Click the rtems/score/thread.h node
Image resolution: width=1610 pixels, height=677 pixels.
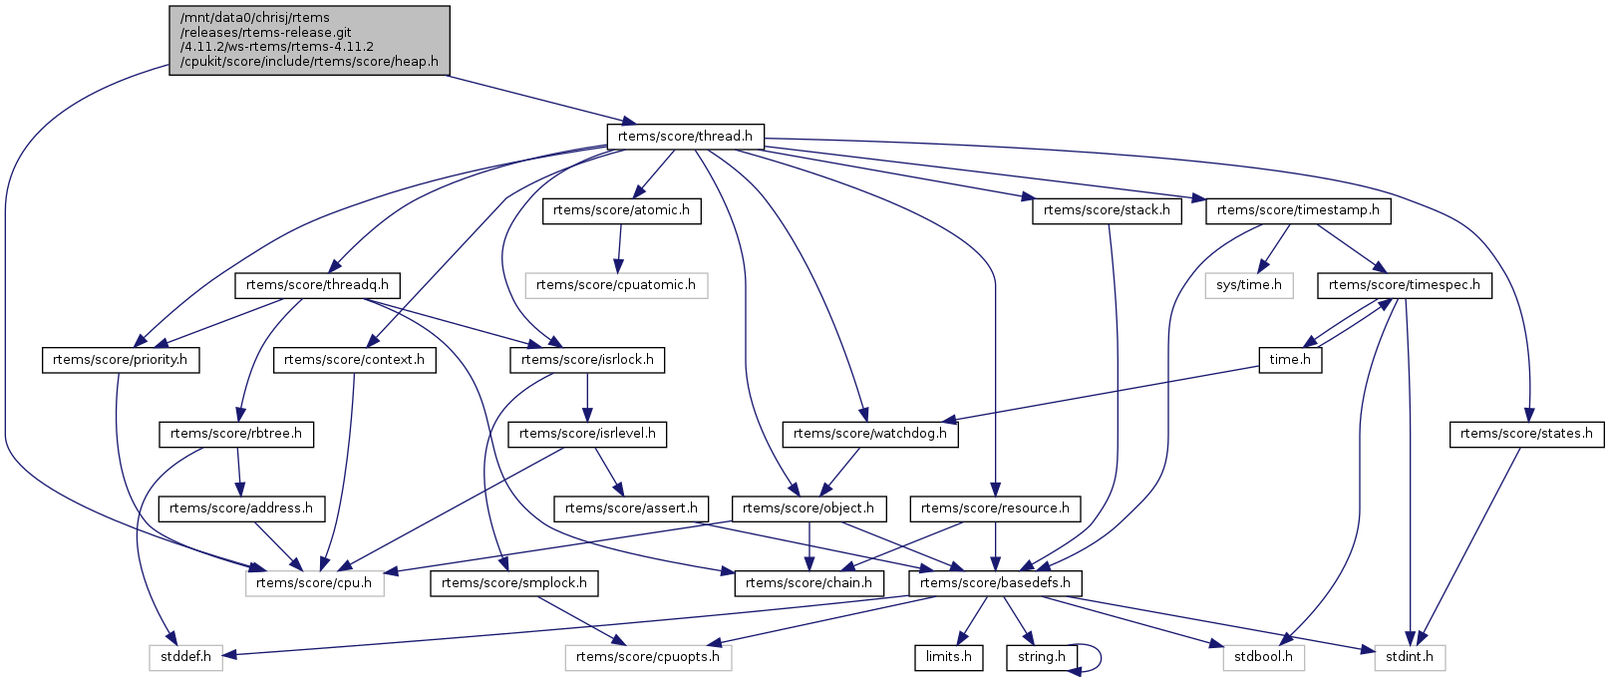click(x=685, y=136)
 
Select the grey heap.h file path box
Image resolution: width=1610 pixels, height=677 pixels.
click(x=309, y=40)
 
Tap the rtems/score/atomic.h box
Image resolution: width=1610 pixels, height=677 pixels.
click(x=621, y=210)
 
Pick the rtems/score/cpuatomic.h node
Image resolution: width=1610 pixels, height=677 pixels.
click(x=616, y=285)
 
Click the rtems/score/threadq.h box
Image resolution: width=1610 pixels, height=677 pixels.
click(x=317, y=285)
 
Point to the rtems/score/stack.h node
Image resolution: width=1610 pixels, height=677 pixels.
click(x=1107, y=210)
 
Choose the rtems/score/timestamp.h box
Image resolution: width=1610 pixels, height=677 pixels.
click(x=1298, y=210)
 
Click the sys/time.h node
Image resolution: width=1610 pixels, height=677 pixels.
click(x=1249, y=285)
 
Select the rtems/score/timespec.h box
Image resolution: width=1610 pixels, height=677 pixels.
click(x=1405, y=285)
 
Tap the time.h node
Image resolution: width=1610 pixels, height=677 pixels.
click(x=1291, y=360)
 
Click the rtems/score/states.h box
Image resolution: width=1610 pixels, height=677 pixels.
click(x=1526, y=434)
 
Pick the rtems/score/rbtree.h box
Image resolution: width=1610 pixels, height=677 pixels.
click(x=236, y=434)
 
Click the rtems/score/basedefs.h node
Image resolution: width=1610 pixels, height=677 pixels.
click(x=995, y=582)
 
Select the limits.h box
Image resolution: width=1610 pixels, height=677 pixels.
click(x=949, y=657)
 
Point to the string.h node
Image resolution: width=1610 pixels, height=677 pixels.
click(x=1042, y=657)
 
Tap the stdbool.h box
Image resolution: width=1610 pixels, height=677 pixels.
click(x=1263, y=657)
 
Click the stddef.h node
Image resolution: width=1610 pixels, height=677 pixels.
click(x=185, y=657)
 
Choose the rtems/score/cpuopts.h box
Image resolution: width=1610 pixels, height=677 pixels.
click(x=648, y=657)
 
